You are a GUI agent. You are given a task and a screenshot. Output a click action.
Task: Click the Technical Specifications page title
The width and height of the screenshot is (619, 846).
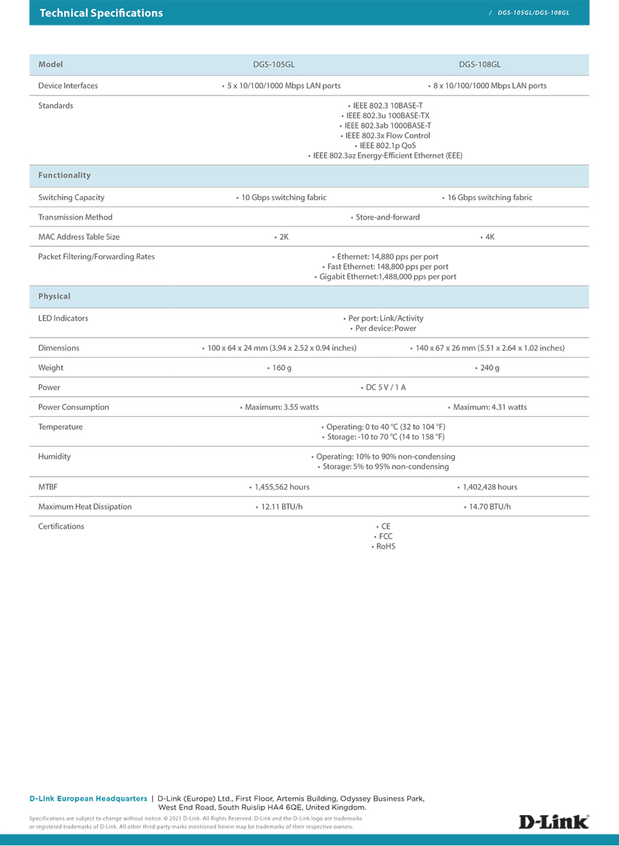(x=101, y=13)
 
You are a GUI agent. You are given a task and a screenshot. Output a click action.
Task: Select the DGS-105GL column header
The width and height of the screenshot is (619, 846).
(x=274, y=65)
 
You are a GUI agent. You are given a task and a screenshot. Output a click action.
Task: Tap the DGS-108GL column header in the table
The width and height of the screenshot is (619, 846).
(x=479, y=65)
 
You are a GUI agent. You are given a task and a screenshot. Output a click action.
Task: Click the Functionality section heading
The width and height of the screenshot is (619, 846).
(x=65, y=175)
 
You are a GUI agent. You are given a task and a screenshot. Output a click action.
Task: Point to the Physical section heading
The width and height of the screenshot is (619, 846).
(x=54, y=296)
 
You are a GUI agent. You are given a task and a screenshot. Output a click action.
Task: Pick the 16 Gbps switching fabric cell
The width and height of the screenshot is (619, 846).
(x=489, y=197)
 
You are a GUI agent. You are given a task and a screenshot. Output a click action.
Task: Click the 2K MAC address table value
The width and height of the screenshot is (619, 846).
(x=283, y=237)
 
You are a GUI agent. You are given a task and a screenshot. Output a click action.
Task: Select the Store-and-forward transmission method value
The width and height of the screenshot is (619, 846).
(x=387, y=217)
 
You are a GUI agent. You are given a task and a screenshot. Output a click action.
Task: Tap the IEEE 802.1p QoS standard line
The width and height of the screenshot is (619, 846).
(x=387, y=146)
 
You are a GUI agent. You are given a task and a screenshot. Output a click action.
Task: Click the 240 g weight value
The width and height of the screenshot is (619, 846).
(x=490, y=368)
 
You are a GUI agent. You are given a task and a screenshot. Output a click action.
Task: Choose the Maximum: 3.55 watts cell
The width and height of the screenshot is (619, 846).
(x=281, y=407)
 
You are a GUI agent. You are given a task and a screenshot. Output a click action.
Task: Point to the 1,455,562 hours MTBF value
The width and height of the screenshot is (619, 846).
(x=281, y=487)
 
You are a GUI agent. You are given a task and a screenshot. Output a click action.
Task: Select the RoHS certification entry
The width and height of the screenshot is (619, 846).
(x=386, y=547)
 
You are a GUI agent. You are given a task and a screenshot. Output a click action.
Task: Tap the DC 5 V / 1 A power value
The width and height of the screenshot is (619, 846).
(x=385, y=388)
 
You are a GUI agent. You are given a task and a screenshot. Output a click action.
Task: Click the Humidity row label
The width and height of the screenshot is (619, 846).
(x=54, y=457)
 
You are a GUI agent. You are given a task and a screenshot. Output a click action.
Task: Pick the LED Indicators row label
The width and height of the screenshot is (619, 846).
(x=63, y=318)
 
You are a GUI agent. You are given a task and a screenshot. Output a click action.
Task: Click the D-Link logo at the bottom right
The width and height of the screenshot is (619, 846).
(x=554, y=820)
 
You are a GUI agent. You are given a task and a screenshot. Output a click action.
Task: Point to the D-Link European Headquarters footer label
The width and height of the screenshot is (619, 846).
(x=88, y=799)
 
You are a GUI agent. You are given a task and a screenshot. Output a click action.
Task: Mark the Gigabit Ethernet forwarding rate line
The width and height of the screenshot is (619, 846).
(x=387, y=276)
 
